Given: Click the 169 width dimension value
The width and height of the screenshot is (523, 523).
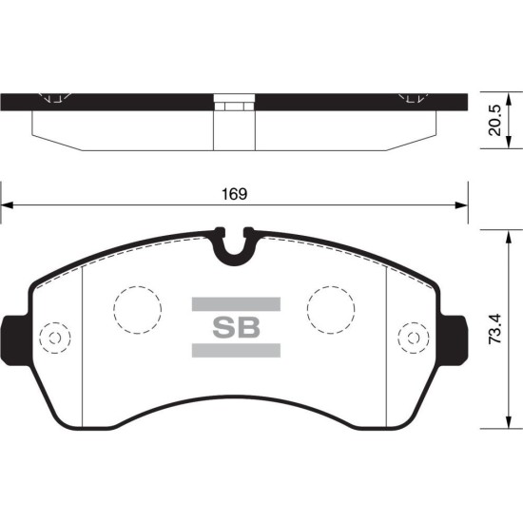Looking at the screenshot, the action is tap(235, 194).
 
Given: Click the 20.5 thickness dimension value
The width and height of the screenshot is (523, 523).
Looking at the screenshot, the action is tap(494, 121).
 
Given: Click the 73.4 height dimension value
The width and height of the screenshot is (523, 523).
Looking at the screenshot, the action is tap(494, 329).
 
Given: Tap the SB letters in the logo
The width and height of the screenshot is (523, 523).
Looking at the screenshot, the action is tap(236, 327).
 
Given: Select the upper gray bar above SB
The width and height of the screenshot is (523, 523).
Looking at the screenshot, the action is tap(236, 304).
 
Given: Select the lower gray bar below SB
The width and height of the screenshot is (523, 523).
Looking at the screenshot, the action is tap(236, 351).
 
